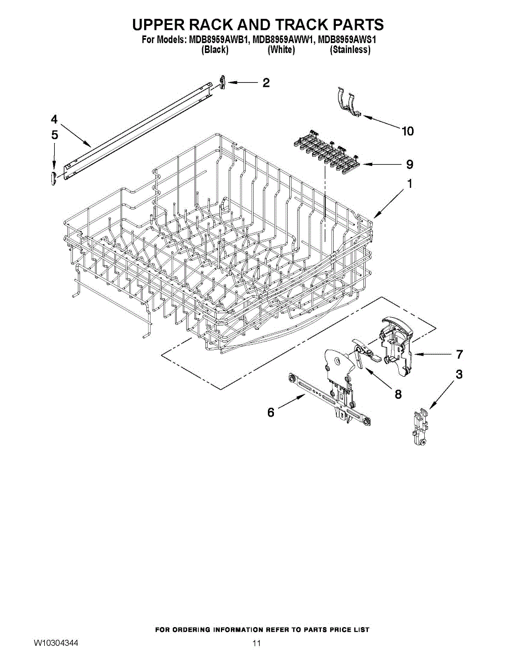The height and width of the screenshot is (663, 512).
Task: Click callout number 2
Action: (266, 83)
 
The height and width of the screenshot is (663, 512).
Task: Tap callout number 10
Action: (407, 131)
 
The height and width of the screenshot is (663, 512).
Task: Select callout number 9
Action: (409, 164)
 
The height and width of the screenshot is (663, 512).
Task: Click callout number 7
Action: (459, 354)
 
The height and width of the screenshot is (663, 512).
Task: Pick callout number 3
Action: (459, 375)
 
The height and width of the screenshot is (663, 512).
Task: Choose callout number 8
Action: (398, 394)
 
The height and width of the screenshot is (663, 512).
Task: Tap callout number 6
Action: (271, 412)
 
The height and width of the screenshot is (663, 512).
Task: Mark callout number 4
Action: (54, 119)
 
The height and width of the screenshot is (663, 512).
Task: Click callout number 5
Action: (54, 134)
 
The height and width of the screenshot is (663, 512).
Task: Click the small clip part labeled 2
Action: (222, 82)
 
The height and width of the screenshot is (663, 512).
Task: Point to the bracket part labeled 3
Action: (421, 427)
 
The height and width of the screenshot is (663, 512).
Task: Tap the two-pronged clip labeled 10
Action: (349, 102)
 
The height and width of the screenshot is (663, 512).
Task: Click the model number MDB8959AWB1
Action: (218, 40)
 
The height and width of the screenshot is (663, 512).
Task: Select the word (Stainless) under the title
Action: (350, 50)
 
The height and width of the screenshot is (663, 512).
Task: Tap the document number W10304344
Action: (56, 644)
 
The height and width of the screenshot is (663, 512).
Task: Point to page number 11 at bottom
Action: (256, 644)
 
